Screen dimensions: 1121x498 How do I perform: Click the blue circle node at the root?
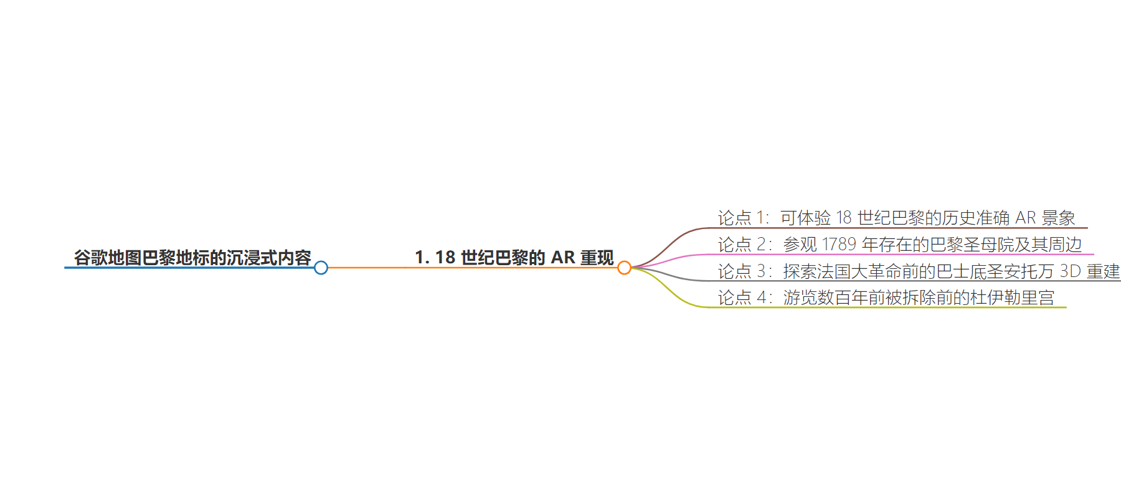(x=321, y=268)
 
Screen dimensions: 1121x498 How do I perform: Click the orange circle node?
(x=624, y=268)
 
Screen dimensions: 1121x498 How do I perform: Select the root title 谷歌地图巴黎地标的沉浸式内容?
(x=192, y=258)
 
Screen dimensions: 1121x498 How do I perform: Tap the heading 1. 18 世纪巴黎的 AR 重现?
(x=514, y=258)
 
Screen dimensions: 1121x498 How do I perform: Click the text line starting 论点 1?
(x=897, y=218)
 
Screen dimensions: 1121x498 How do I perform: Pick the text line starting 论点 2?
(x=900, y=245)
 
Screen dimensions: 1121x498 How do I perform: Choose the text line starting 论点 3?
(x=919, y=271)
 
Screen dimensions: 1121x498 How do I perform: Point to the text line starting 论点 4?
(x=886, y=298)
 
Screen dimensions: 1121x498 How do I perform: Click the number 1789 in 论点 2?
(x=839, y=245)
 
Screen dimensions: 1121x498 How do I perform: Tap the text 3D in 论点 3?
(x=1071, y=271)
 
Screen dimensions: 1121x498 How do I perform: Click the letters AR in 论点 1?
(x=1026, y=218)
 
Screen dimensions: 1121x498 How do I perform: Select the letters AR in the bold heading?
(x=563, y=258)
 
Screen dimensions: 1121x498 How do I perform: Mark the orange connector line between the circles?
(x=473, y=268)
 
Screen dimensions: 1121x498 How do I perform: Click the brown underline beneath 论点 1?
(x=898, y=228)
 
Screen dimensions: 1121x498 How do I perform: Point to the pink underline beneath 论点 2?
(x=901, y=254)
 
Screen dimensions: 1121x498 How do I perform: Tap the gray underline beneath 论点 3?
(x=915, y=281)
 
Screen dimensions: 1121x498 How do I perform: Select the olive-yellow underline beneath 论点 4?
(x=887, y=307)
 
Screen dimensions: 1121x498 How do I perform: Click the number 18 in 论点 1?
(x=844, y=218)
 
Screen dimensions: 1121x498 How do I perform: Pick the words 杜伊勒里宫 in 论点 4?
(x=1012, y=298)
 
